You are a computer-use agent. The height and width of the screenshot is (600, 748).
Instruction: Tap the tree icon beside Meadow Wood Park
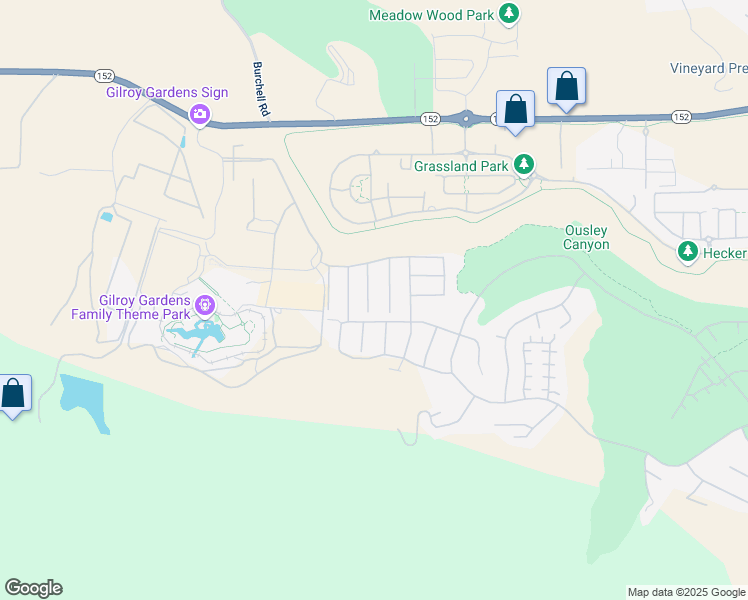pyautogui.click(x=510, y=13)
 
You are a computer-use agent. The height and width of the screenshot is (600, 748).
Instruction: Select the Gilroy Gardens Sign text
pyautogui.click(x=167, y=93)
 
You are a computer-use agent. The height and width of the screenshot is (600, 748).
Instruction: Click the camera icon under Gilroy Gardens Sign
pyautogui.click(x=200, y=115)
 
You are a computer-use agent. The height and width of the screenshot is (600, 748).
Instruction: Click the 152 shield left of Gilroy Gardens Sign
pyautogui.click(x=104, y=76)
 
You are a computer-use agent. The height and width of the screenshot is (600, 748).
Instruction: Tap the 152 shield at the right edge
pyautogui.click(x=681, y=117)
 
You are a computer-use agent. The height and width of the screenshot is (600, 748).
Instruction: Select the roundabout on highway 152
pyautogui.click(x=466, y=119)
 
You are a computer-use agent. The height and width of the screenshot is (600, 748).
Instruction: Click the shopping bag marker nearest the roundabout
pyautogui.click(x=515, y=109)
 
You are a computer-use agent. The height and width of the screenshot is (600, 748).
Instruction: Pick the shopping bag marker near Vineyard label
pyautogui.click(x=566, y=86)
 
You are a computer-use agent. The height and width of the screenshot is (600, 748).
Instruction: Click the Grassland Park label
pyautogui.click(x=462, y=164)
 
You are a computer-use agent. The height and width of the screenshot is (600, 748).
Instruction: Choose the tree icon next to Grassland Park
pyautogui.click(x=524, y=163)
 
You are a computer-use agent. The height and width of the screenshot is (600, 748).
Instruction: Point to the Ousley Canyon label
pyautogui.click(x=587, y=237)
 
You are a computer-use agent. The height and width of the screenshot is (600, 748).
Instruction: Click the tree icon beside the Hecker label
pyautogui.click(x=688, y=252)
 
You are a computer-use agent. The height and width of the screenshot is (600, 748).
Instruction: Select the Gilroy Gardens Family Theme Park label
pyautogui.click(x=131, y=307)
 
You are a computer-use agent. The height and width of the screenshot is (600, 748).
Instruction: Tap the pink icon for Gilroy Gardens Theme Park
pyautogui.click(x=205, y=304)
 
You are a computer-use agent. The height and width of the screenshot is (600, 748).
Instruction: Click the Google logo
pyautogui.click(x=33, y=588)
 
